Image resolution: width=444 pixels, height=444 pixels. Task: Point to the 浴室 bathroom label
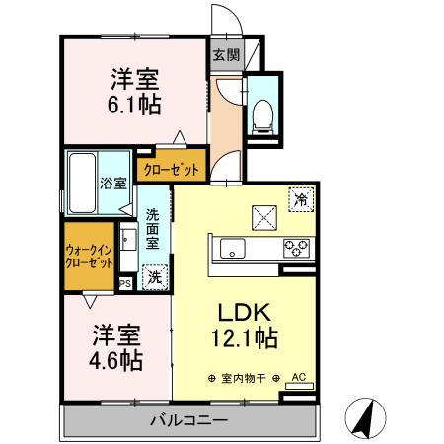114,183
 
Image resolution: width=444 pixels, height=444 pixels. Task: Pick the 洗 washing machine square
155,278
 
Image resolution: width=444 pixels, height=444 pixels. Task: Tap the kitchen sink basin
231,248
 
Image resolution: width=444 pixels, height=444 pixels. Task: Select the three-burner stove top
296,249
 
